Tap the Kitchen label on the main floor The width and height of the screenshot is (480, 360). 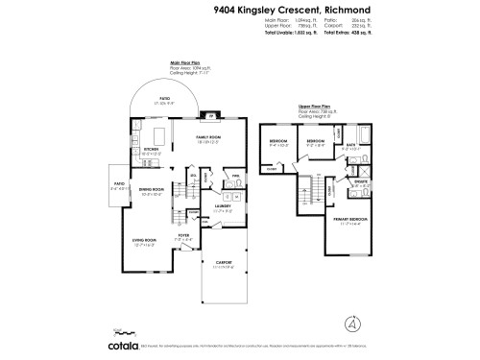(152, 150)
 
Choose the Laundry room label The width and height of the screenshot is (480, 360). (223, 204)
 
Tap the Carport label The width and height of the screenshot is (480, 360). (223, 264)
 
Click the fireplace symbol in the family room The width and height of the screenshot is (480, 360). (211, 116)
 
